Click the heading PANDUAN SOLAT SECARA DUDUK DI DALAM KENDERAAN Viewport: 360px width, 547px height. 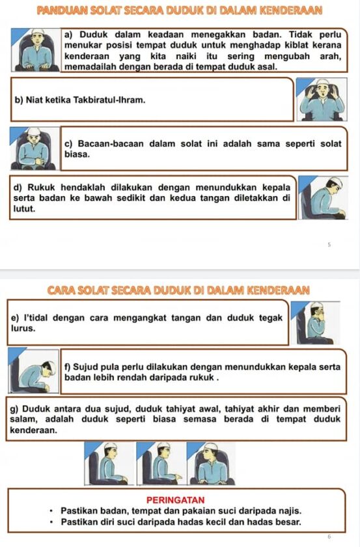[180, 11]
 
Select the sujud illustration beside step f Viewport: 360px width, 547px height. [35, 372]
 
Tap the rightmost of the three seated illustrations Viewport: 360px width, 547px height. [210, 464]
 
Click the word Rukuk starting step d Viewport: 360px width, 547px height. [39, 187]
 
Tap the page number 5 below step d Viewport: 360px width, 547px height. [329, 245]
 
